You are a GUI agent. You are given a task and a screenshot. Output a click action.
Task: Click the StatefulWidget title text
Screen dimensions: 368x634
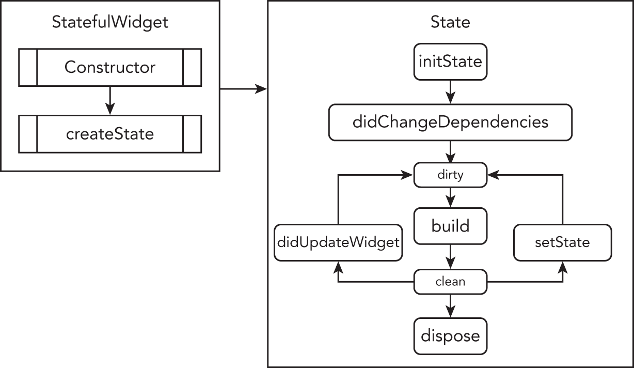click(110, 22)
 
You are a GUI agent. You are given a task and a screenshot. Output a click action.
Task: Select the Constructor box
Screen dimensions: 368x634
click(110, 67)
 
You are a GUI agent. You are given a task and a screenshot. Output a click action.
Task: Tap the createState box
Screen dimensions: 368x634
click(110, 134)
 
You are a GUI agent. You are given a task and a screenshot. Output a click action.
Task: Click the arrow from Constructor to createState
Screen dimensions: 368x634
click(110, 100)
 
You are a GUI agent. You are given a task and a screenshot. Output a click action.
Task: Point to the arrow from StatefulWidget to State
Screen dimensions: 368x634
click(243, 89)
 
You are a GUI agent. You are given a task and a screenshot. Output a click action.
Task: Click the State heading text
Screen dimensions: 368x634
click(450, 22)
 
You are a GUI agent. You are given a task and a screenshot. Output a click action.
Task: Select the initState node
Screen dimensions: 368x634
click(450, 62)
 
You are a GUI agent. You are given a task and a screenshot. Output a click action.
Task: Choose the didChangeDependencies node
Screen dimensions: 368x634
click(450, 122)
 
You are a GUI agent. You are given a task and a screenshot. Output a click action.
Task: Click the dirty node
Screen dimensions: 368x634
click(450, 175)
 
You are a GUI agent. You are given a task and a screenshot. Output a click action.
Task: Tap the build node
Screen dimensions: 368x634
click(450, 226)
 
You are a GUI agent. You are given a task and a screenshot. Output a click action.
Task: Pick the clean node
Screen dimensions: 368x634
click(450, 282)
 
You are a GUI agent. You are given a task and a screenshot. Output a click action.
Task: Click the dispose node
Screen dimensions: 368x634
click(450, 336)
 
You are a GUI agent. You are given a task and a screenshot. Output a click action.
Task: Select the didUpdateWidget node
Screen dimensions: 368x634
click(338, 242)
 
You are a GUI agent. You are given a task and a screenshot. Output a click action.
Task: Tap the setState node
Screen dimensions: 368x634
click(563, 242)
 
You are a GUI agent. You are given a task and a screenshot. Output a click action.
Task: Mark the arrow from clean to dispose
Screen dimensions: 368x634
click(450, 305)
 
